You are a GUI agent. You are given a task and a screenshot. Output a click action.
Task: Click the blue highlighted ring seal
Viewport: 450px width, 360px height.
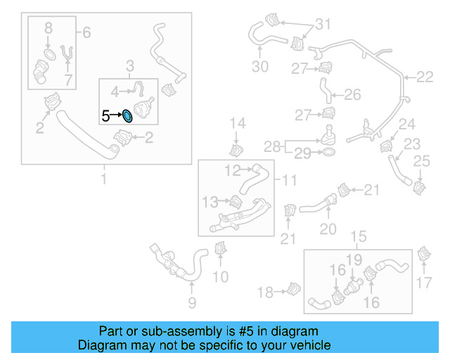point(127,116)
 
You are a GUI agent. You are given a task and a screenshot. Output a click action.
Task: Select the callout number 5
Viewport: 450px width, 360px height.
point(105,116)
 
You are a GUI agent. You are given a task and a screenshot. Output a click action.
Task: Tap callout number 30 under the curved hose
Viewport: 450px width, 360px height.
point(259,67)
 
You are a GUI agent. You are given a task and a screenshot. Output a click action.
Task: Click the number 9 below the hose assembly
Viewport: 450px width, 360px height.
point(192,303)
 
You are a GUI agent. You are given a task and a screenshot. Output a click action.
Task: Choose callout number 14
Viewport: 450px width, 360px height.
point(238,124)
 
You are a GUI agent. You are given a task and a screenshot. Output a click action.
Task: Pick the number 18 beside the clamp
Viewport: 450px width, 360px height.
point(265,292)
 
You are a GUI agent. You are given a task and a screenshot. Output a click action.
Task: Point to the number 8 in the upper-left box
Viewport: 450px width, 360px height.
point(48,29)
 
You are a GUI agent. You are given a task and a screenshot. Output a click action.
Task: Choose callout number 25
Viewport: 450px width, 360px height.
point(421,163)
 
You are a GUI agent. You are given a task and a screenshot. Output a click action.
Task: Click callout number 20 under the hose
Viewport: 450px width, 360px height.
point(328,229)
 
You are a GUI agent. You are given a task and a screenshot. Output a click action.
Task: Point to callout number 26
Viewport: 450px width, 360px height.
point(352,94)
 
